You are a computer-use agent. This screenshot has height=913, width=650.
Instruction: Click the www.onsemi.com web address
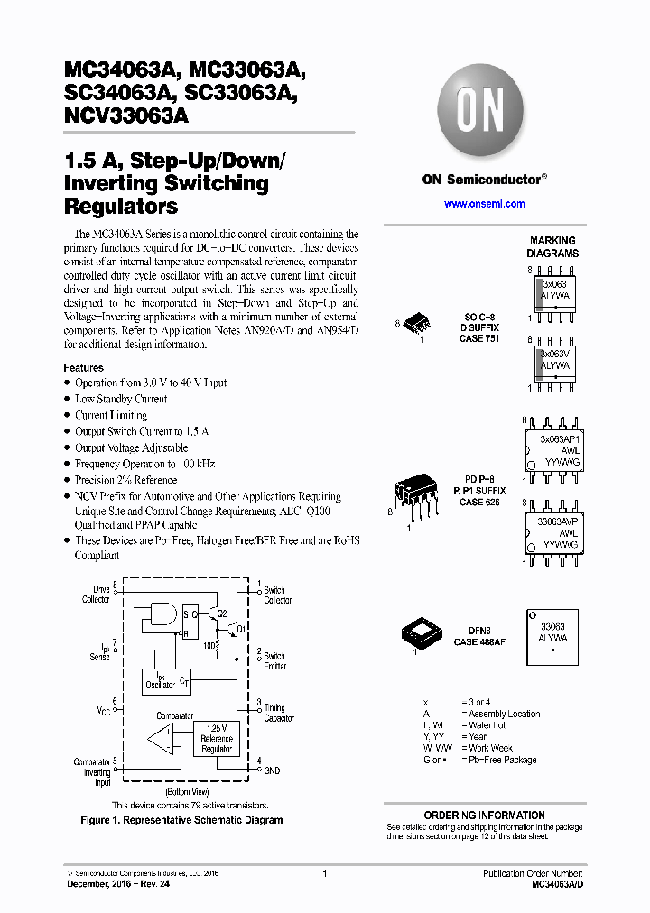484,204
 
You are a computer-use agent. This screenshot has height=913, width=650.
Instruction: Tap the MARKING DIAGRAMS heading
552,247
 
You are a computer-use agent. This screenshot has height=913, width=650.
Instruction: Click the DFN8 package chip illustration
421,635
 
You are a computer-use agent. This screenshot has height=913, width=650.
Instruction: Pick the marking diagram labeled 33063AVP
552,532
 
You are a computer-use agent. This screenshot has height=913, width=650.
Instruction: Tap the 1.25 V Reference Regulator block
217,739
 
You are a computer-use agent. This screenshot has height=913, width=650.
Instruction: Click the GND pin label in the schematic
273,771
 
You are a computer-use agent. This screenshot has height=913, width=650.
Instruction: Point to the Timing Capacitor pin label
279,713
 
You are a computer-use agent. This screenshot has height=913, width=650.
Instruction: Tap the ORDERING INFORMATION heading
484,815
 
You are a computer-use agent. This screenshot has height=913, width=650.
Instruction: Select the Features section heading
83,368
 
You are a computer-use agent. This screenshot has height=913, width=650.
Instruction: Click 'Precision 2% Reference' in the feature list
125,480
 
